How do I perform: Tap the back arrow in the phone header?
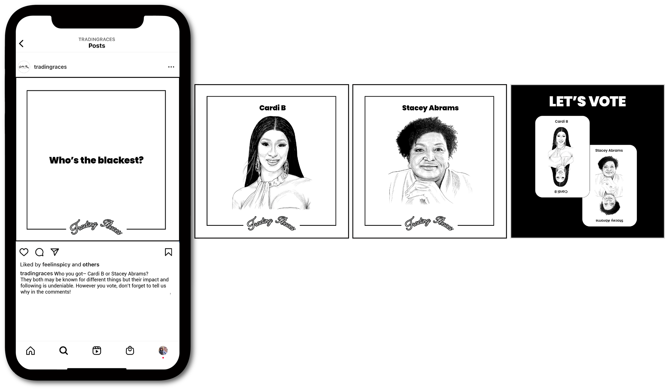point(21,44)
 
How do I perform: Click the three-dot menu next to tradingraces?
point(171,67)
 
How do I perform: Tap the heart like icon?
point(24,252)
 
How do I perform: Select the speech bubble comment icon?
point(39,252)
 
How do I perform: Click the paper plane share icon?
point(55,252)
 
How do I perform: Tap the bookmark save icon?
point(168,252)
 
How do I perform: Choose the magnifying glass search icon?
point(64,350)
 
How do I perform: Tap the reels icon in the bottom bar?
point(97,350)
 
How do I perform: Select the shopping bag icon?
point(130,350)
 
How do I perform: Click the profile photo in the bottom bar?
point(163,350)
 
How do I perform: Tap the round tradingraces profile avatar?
point(24,67)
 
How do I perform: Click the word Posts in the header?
point(97,46)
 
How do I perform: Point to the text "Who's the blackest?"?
point(96,160)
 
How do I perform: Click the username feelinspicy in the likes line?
point(56,265)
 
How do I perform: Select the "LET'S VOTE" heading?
point(587,101)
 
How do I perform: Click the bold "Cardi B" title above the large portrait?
point(272,108)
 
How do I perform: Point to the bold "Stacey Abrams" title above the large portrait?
point(430,108)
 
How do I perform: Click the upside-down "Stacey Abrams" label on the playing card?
point(609,221)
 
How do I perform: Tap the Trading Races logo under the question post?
point(96,227)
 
